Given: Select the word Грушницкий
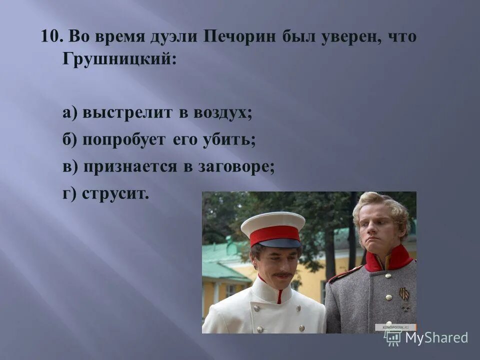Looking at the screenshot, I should (118, 59).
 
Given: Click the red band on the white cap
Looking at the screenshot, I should (274, 234).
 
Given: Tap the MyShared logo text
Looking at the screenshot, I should (436, 337).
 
